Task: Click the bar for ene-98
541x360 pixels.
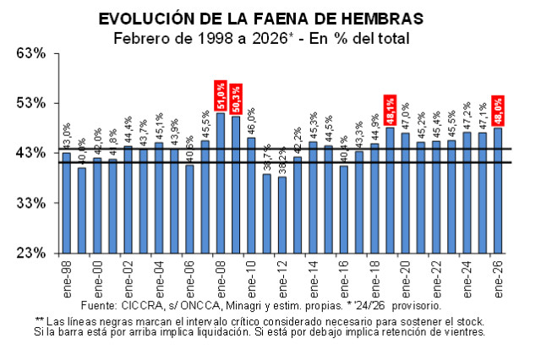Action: [67, 203]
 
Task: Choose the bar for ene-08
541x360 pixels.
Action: [221, 183]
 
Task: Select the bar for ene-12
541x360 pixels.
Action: [282, 215]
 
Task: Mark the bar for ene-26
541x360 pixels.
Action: [497, 190]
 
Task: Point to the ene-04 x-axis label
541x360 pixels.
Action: [159, 275]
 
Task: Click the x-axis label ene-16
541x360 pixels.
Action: [343, 275]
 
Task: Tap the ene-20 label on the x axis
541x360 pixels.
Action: [405, 275]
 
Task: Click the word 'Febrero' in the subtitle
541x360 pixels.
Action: [139, 37]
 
